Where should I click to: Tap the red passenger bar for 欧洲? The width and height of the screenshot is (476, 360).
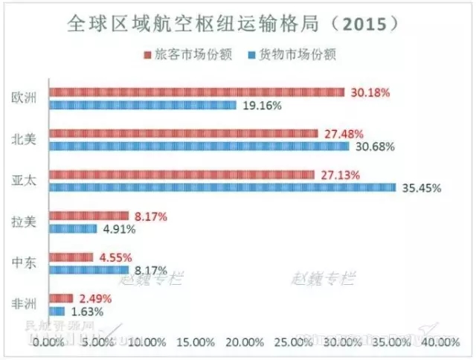(x=196, y=92)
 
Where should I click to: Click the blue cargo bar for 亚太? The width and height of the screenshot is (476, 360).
(x=222, y=187)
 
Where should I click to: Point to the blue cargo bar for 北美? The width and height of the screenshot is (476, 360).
(x=199, y=147)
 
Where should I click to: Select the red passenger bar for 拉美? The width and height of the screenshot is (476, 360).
(x=89, y=216)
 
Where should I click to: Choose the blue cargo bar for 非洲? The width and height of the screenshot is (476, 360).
(x=57, y=311)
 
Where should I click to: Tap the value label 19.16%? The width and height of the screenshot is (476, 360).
(x=260, y=106)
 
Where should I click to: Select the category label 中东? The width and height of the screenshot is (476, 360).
(x=25, y=263)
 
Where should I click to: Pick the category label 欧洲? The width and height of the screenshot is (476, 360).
(x=25, y=98)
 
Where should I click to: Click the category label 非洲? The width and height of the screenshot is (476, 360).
(x=25, y=304)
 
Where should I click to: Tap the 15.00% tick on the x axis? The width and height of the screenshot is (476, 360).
(x=196, y=342)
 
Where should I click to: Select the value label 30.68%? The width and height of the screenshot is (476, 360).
(x=373, y=147)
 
